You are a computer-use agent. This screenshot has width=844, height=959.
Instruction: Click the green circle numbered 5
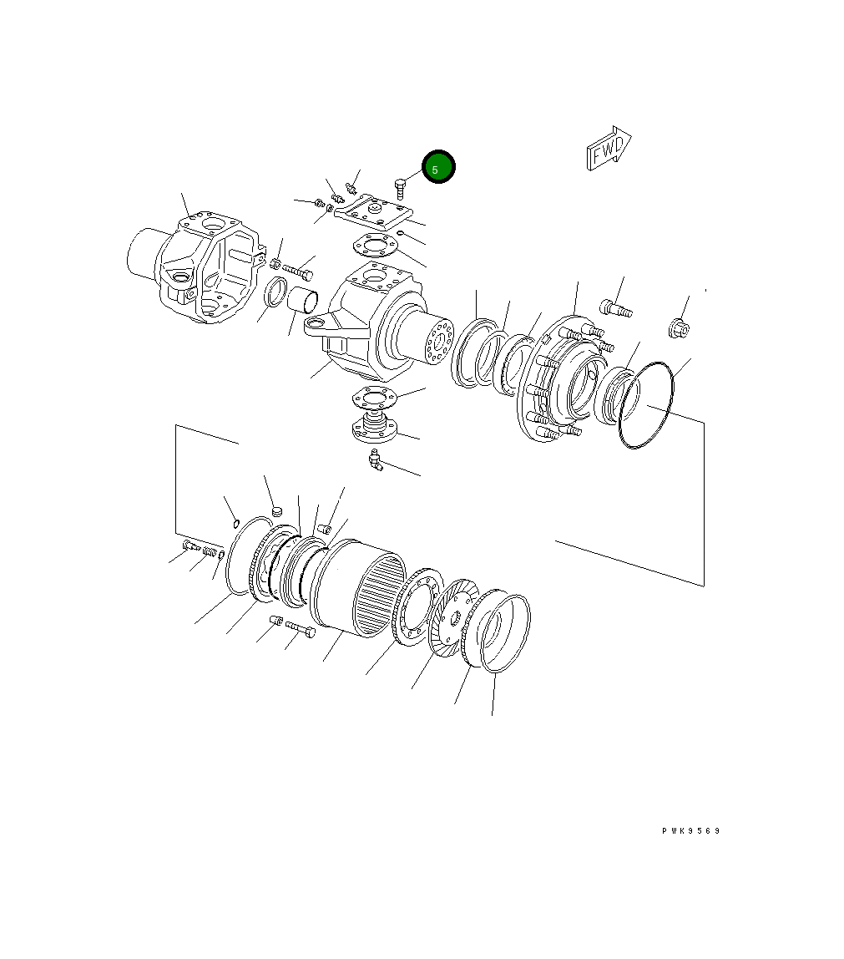(438, 166)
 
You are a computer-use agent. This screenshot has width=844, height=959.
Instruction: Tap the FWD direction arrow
(609, 149)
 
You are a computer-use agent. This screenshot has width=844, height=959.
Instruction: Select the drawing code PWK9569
(690, 830)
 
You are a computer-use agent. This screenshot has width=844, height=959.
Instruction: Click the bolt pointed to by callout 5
(401, 189)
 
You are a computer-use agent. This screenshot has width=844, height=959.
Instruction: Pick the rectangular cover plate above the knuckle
(374, 211)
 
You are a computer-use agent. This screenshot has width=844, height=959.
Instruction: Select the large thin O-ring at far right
(646, 405)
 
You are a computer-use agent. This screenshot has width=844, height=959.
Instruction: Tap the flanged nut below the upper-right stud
(679, 329)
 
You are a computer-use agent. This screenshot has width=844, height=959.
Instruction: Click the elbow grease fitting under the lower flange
(375, 459)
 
